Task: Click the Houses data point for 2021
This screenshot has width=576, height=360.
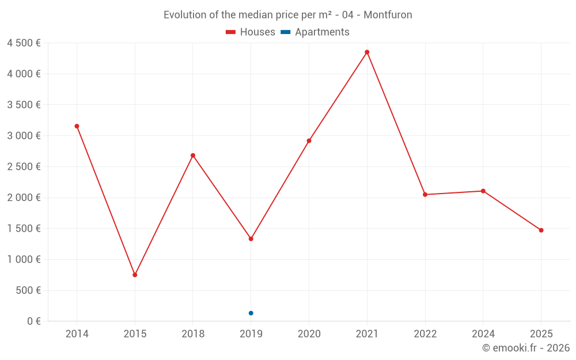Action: [367, 52]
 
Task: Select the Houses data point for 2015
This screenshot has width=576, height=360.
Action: [135, 275]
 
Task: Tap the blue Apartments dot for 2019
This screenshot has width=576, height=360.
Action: [251, 313]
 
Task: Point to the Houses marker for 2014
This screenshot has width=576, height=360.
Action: [77, 126]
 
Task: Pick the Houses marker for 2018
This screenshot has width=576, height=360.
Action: [193, 156]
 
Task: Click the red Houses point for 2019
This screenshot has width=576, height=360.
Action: [251, 238]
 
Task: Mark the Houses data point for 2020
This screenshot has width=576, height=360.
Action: [309, 141]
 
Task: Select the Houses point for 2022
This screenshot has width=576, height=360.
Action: [425, 195]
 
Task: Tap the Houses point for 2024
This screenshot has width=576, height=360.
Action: [483, 191]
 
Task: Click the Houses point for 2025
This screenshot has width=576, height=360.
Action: [541, 230]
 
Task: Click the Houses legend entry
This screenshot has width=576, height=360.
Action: [251, 32]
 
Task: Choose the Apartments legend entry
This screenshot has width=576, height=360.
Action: [315, 32]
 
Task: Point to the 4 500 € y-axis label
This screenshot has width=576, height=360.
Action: [24, 43]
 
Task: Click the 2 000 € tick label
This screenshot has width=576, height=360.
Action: [24, 198]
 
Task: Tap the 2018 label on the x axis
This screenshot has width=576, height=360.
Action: [193, 334]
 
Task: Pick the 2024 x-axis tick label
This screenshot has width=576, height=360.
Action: [483, 334]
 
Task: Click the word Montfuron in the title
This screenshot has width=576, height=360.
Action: [388, 15]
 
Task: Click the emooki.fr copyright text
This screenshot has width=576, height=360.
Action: [526, 348]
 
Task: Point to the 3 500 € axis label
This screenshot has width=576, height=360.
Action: [24, 105]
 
